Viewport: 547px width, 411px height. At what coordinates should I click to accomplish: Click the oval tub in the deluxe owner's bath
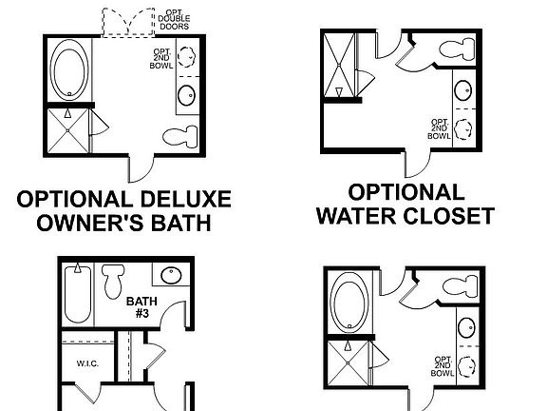coord(66,68)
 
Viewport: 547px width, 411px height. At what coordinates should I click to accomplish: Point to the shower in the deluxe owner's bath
coord(67,132)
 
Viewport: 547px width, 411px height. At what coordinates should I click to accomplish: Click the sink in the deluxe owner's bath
coord(186,95)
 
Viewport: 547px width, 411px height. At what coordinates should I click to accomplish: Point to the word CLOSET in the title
coord(451,215)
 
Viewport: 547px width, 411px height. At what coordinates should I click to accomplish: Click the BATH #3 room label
coord(140,306)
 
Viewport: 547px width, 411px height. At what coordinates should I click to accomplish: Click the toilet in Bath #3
coord(114,280)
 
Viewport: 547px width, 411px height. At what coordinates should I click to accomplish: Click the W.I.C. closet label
coord(77,362)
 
